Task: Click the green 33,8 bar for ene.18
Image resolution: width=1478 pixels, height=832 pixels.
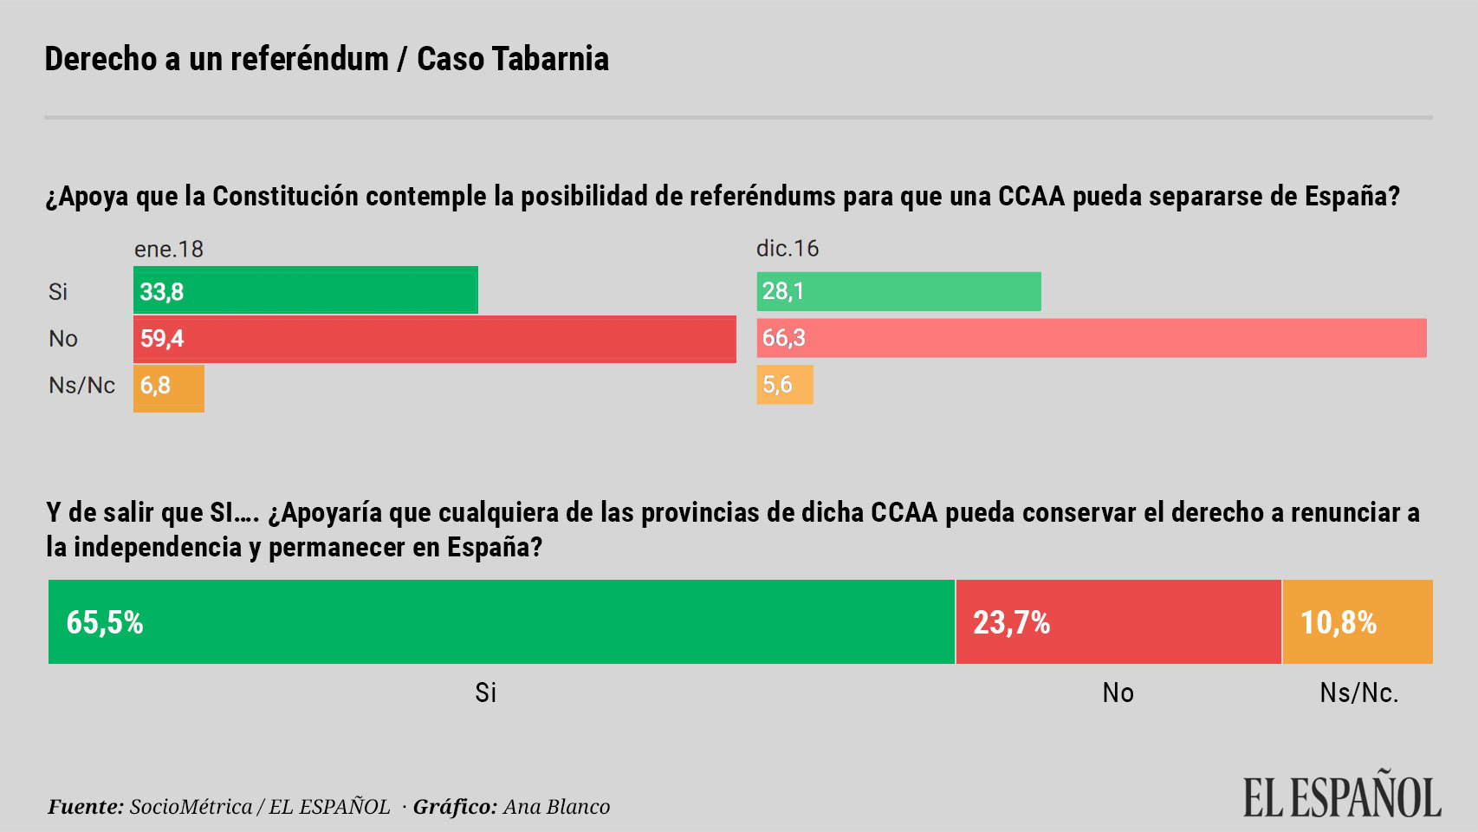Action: tap(305, 290)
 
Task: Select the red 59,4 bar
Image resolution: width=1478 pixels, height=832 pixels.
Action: tap(434, 339)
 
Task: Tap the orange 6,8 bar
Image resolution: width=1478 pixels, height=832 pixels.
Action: tap(169, 387)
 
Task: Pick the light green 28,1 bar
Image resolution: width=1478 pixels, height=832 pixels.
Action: tap(898, 291)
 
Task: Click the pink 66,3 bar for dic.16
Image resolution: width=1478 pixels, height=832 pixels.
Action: tap(1092, 338)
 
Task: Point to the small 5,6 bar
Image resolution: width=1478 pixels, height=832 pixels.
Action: tap(785, 385)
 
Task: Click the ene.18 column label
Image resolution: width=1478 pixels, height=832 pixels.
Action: tap(168, 250)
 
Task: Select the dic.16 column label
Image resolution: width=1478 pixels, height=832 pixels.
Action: tap(787, 249)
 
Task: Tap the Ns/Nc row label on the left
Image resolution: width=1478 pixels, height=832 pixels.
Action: tap(81, 386)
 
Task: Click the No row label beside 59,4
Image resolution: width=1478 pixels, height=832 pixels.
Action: tap(63, 339)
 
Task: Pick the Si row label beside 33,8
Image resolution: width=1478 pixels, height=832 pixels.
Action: tap(58, 292)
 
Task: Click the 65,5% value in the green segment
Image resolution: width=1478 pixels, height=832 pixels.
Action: tap(105, 622)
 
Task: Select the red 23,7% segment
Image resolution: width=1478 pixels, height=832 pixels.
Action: tap(1118, 622)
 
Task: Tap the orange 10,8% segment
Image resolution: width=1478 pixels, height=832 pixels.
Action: tap(1357, 622)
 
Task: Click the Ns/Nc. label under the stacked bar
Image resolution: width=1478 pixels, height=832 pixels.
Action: tap(1358, 692)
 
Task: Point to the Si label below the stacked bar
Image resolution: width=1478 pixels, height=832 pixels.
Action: tap(485, 692)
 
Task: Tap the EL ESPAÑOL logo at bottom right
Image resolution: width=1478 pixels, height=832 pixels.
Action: tap(1341, 796)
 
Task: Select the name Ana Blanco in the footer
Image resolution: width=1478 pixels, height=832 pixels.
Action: tap(556, 807)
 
